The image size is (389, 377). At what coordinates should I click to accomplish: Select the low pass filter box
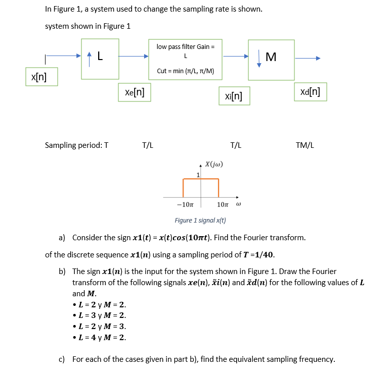(x=185, y=59)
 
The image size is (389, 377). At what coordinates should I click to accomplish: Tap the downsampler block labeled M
(x=271, y=59)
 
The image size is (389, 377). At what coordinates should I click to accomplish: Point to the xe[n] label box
(x=134, y=92)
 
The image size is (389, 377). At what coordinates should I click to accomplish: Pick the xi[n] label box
(x=233, y=95)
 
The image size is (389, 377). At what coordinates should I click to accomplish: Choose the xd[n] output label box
(x=310, y=92)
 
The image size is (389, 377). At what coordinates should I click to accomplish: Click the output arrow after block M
(x=308, y=58)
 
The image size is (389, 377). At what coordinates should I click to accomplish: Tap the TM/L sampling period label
(x=305, y=145)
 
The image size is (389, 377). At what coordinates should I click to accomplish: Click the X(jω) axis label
(x=214, y=164)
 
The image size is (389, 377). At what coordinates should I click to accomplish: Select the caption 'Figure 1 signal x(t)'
(x=200, y=221)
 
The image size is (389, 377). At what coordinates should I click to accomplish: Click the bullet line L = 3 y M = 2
(x=99, y=315)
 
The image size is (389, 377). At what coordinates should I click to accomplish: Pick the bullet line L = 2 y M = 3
(x=99, y=327)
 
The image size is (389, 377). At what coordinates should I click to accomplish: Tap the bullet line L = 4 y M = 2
(x=99, y=338)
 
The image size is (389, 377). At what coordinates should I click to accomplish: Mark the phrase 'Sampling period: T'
(x=76, y=145)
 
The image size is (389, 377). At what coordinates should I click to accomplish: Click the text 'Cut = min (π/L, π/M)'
(x=185, y=71)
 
